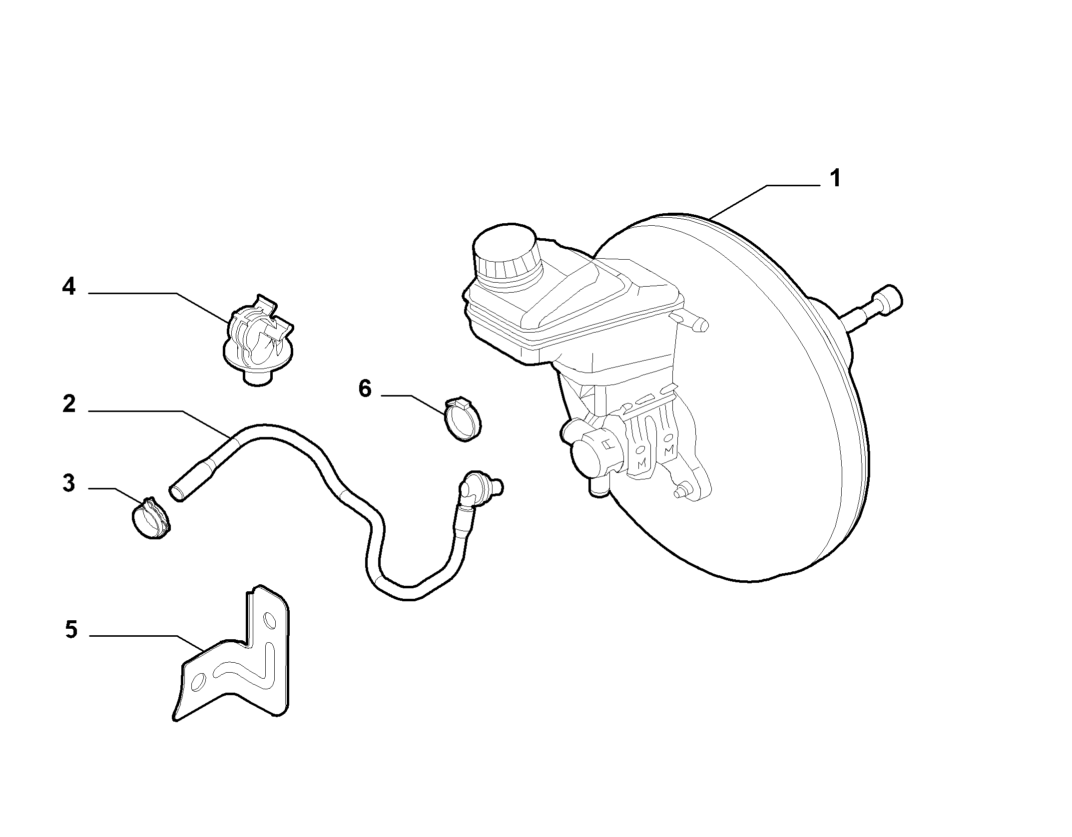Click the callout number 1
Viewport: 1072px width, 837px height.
pos(834,179)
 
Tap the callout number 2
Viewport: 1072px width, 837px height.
pos(68,404)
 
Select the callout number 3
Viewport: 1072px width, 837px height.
pos(68,483)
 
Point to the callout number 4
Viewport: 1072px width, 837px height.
pos(68,287)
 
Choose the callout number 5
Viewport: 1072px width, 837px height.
pos(71,630)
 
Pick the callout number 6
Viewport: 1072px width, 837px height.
pos(365,389)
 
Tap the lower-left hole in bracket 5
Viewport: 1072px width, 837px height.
pos(198,682)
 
